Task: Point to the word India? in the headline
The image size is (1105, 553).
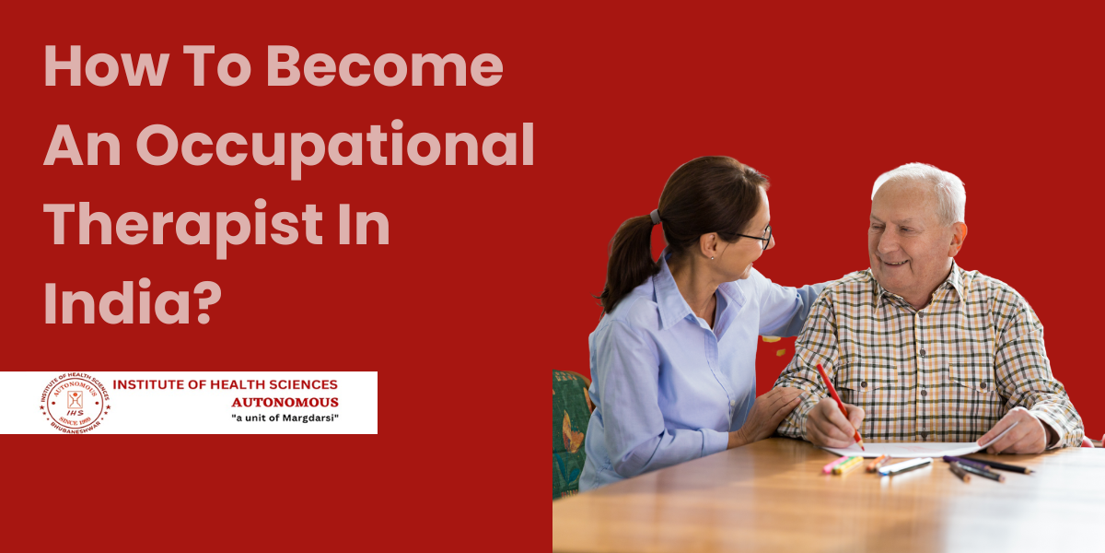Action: pyautogui.click(x=134, y=301)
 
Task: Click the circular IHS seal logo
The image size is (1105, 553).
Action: pyautogui.click(x=75, y=403)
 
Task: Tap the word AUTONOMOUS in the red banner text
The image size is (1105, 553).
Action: pyautogui.click(x=285, y=402)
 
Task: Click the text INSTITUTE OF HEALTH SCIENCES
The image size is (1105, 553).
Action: pyautogui.click(x=225, y=383)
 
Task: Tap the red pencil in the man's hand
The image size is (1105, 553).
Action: pyautogui.click(x=838, y=402)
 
